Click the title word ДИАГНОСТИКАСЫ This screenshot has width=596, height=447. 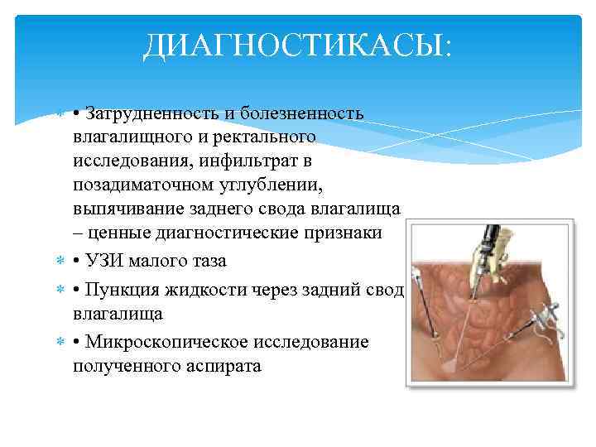coord(296,46)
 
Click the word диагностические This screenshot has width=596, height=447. coord(241,233)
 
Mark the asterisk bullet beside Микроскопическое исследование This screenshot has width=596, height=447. coord(60,343)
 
